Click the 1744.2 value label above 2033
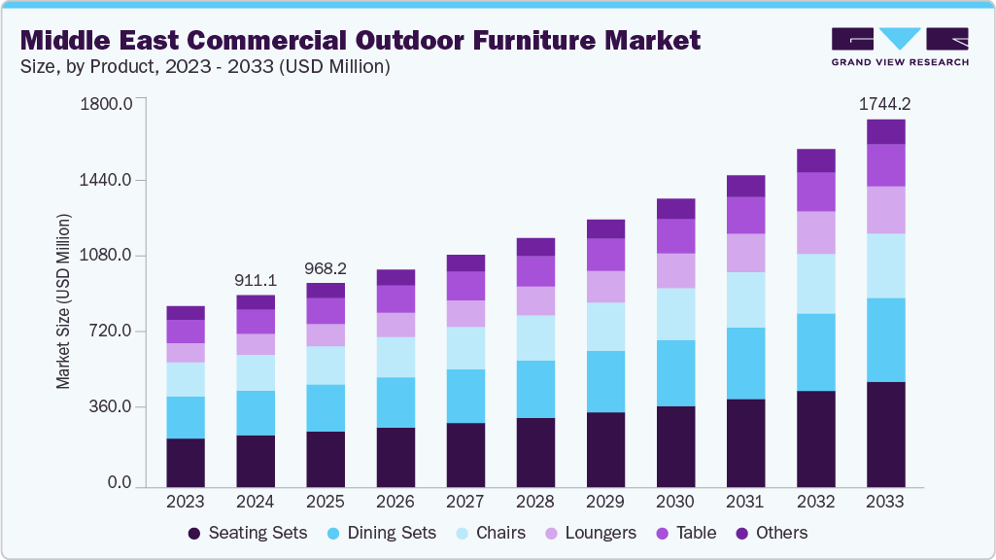(x=885, y=104)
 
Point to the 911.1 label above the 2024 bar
(x=256, y=280)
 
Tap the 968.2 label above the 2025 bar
(x=326, y=267)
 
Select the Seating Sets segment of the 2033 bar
(x=885, y=434)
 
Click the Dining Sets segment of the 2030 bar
(x=675, y=372)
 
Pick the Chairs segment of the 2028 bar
(x=535, y=337)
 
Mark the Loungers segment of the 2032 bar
(x=815, y=232)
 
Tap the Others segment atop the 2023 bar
(x=186, y=312)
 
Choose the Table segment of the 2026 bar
(x=395, y=298)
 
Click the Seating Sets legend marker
(x=194, y=533)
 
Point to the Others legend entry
(x=772, y=533)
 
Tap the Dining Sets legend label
(x=392, y=533)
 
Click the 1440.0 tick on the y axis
(x=106, y=180)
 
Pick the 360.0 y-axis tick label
(x=110, y=406)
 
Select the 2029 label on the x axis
(x=605, y=502)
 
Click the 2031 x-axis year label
(x=745, y=502)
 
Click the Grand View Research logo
(x=900, y=46)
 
